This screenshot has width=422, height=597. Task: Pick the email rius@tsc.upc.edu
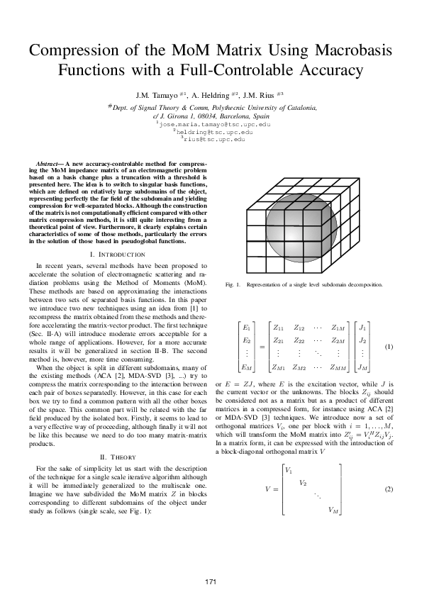pyautogui.click(x=213, y=140)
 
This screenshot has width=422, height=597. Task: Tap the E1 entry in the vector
pyautogui.click(x=245, y=328)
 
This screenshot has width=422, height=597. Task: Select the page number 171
pyautogui.click(x=211, y=581)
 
